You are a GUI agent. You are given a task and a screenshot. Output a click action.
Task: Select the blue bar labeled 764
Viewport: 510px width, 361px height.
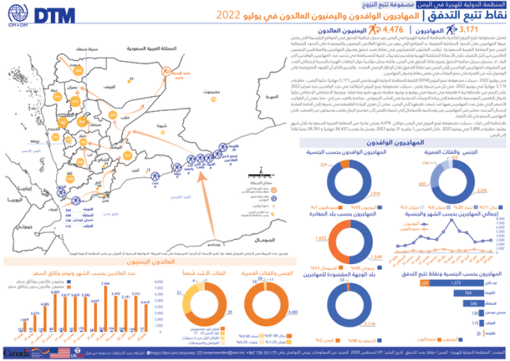point(469,292)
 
